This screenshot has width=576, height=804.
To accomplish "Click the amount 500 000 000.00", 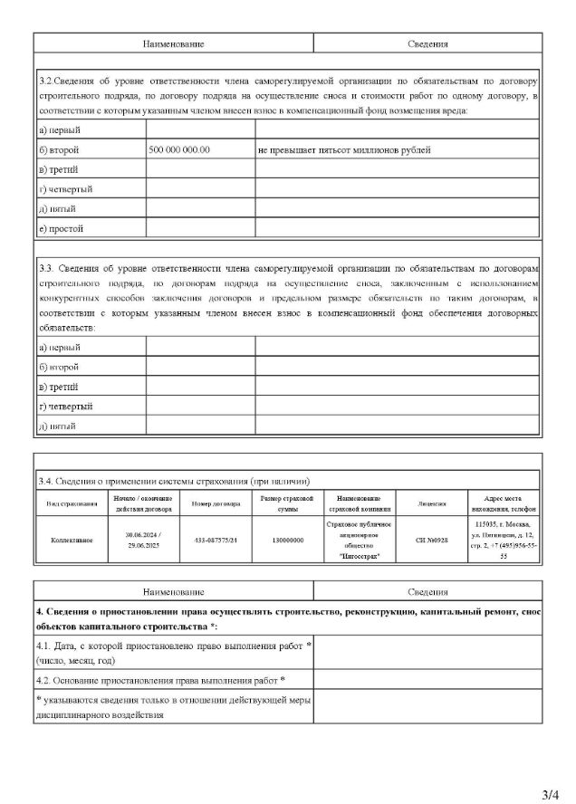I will tap(179, 149).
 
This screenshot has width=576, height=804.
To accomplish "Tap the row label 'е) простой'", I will tap(61, 228).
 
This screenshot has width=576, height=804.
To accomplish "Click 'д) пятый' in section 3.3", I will tap(57, 426).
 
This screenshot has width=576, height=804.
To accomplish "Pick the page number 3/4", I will tap(550, 795).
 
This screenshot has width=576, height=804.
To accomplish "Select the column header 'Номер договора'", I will tap(216, 502).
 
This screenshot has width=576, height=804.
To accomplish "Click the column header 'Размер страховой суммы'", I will tap(286, 502).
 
